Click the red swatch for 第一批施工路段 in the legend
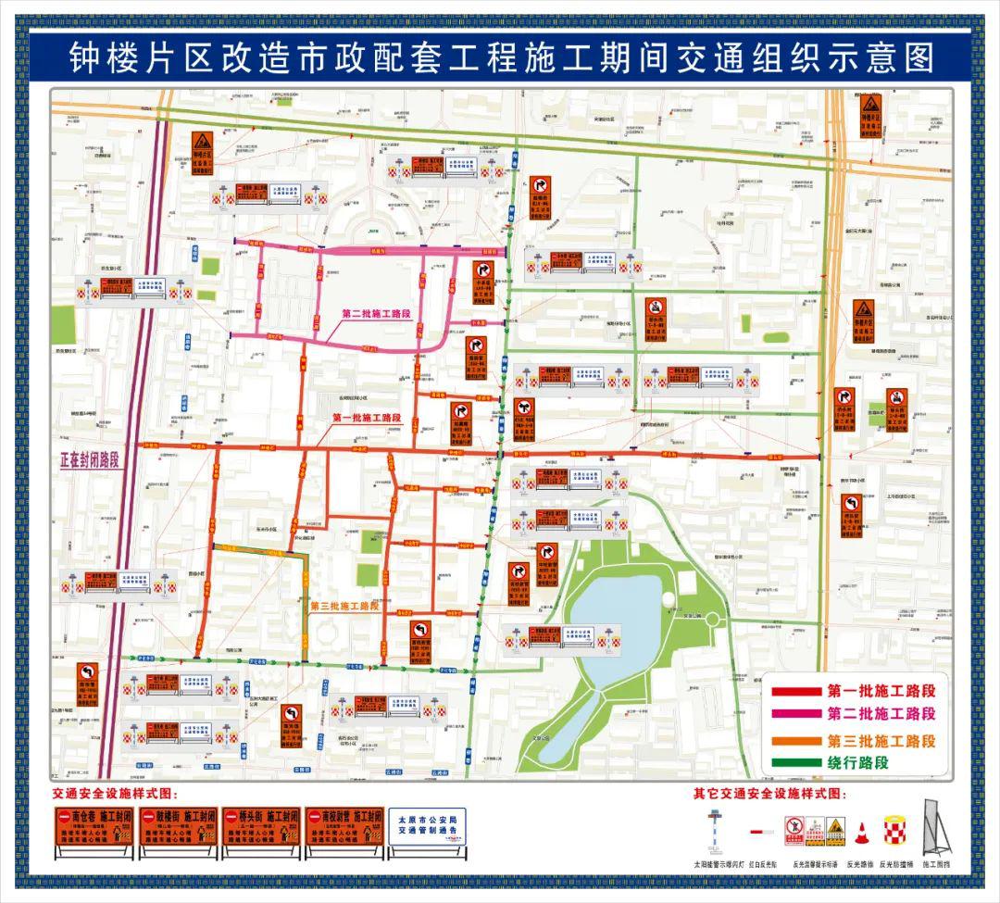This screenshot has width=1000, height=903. click(x=795, y=691)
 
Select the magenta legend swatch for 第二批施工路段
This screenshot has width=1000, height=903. click(x=795, y=714)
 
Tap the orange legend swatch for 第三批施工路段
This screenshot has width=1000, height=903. click(x=795, y=741)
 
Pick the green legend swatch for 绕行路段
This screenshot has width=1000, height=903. click(x=795, y=764)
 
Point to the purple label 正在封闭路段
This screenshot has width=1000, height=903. click(x=83, y=459)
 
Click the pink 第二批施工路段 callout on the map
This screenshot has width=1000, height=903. click(x=376, y=314)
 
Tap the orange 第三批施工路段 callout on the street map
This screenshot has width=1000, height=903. click(x=344, y=606)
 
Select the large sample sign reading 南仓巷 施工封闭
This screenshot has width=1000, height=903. click(x=94, y=832)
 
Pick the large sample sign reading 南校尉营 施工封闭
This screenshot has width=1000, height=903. click(x=344, y=832)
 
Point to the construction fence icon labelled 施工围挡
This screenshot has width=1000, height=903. click(x=935, y=828)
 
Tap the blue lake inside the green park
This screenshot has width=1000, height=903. click(x=616, y=630)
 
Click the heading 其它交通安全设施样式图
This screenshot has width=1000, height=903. click(x=769, y=794)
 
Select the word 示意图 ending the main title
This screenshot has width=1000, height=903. click(x=881, y=58)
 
